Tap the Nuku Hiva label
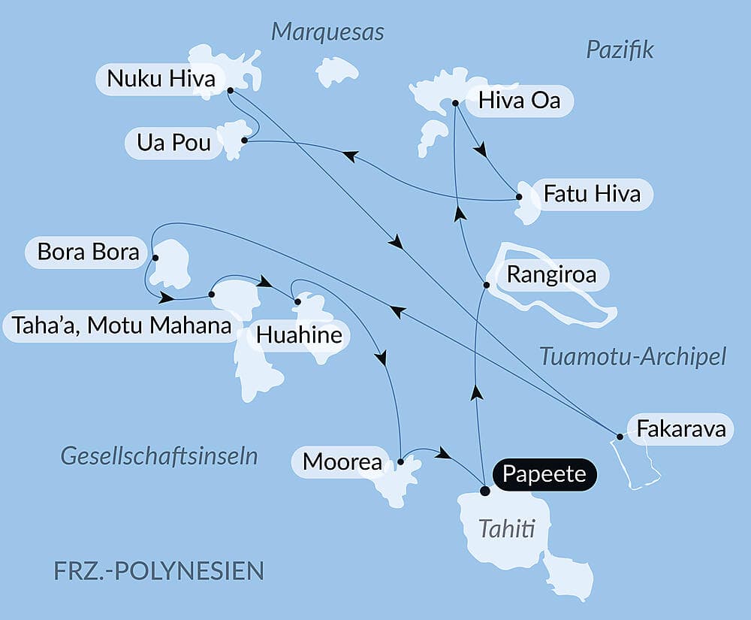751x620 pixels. point(161,79)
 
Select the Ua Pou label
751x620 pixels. point(174,143)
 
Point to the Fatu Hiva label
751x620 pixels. point(592,194)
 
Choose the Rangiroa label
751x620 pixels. point(551,275)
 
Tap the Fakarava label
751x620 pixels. point(681,429)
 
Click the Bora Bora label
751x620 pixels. point(89,252)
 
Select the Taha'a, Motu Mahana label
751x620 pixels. point(121,326)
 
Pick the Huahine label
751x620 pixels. point(299,335)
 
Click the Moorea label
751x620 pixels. point(342,462)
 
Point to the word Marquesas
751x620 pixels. point(327,32)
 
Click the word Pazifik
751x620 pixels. point(620,50)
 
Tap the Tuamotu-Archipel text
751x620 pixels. point(632,356)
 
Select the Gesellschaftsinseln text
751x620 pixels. point(159,455)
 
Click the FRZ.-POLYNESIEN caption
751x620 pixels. point(159,570)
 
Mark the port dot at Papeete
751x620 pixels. point(484,491)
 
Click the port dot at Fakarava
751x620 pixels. point(620,436)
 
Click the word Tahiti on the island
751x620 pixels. point(507,530)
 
